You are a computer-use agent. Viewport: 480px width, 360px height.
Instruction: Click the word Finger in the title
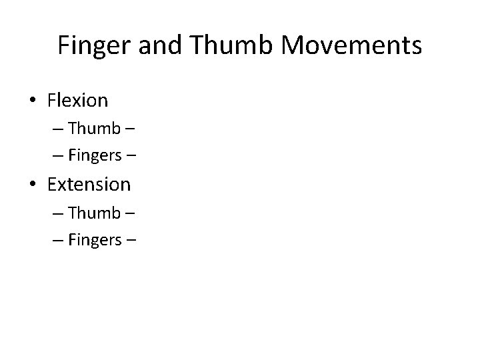click(88, 45)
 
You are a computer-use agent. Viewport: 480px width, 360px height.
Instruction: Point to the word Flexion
click(77, 101)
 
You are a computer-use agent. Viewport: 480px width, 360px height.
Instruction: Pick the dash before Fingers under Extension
click(57, 239)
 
